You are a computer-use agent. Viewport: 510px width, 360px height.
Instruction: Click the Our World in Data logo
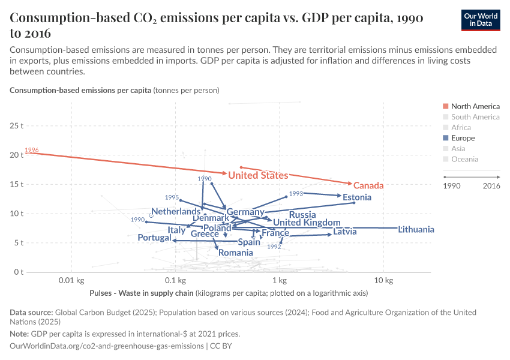(481, 20)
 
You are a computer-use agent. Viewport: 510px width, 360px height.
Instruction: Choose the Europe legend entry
(463, 138)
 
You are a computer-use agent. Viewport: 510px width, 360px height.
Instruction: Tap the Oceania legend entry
(464, 159)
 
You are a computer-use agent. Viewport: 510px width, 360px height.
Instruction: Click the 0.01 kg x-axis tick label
(71, 281)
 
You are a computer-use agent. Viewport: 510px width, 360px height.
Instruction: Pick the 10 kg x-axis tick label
(383, 281)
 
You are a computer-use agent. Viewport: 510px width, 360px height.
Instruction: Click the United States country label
(258, 175)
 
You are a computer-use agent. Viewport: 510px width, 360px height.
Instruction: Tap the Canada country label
(368, 185)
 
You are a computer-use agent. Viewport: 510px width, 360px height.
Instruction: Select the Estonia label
(357, 197)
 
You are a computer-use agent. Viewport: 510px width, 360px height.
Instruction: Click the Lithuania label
(416, 230)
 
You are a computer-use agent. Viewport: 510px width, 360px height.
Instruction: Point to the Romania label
(235, 253)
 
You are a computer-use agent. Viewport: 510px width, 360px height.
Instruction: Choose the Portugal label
(154, 238)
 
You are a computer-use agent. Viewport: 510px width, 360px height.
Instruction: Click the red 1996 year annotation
(32, 150)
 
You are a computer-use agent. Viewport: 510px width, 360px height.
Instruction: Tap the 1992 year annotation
(274, 247)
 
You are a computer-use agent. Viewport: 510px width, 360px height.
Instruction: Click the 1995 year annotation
(172, 197)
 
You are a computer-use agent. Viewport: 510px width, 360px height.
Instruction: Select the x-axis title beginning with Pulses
(141, 293)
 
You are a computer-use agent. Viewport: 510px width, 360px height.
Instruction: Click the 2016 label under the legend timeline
(490, 186)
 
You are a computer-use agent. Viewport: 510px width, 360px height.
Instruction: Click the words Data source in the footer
(31, 313)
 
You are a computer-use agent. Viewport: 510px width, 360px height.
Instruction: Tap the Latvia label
(345, 232)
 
